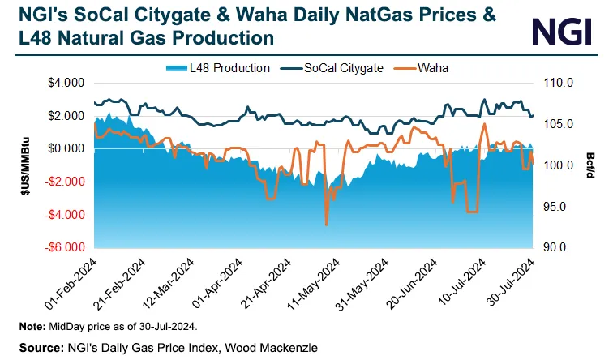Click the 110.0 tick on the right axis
point(559,83)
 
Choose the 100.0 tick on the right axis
point(559,165)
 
